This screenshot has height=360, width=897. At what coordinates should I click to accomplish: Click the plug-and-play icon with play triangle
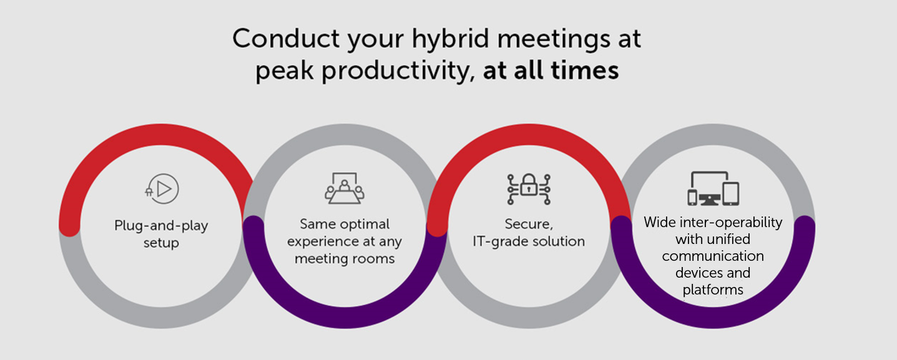162,188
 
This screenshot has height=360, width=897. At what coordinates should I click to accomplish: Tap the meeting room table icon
345,188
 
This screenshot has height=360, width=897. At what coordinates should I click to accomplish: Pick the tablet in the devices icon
731,193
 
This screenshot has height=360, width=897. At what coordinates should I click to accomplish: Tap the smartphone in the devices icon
692,198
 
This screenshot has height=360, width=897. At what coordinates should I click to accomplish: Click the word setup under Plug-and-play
161,243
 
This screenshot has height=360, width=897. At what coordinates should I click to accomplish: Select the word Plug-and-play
161,226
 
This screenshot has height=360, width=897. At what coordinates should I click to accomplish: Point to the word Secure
529,224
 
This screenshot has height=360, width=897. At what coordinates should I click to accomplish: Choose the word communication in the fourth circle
713,256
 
